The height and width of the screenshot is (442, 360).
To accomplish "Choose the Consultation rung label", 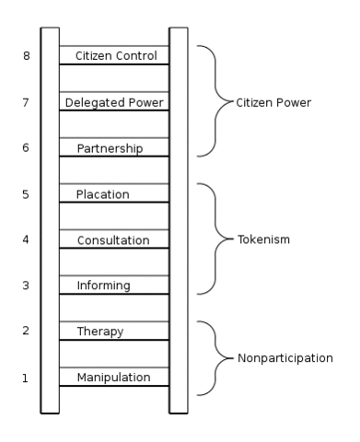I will [x=114, y=239].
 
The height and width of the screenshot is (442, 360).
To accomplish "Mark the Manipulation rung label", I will [x=114, y=378].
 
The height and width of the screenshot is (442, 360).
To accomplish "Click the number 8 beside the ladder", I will [x=26, y=55].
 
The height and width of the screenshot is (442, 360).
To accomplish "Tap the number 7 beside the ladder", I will [x=26, y=101].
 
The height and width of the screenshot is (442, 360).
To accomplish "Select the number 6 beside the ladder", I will [x=26, y=147].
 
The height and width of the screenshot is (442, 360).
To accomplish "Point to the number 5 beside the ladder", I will [x=26, y=193].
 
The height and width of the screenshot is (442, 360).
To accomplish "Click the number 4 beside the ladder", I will [x=26, y=239].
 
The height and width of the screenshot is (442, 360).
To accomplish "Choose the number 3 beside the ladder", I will [x=26, y=285].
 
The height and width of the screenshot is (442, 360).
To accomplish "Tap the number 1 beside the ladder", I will [x=26, y=378].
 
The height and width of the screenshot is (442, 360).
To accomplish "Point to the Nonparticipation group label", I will [x=291, y=357].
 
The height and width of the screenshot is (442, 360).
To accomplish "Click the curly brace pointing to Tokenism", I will [x=214, y=239].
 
